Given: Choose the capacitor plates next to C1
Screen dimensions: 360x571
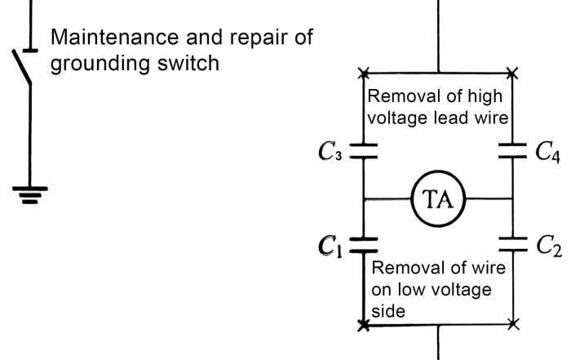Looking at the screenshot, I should (x=363, y=242).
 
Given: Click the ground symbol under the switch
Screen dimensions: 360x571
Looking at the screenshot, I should (x=30, y=193).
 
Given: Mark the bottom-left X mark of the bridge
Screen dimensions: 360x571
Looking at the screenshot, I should (x=363, y=325).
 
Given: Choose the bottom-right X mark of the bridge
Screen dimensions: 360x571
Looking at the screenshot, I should (x=512, y=325).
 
